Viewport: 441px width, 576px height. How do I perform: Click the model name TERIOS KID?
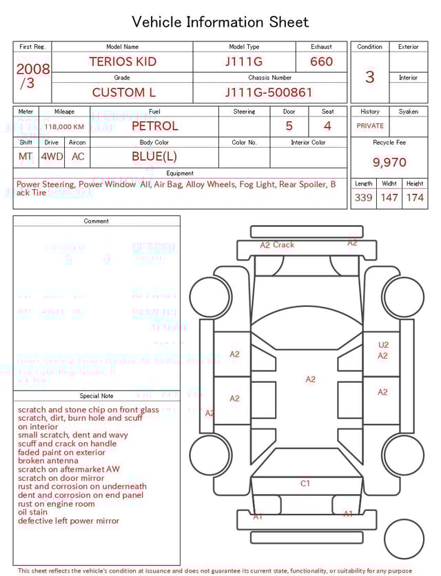click(x=123, y=61)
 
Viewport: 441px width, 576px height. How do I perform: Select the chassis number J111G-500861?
click(x=269, y=92)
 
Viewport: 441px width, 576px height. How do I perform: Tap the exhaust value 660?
click(x=321, y=61)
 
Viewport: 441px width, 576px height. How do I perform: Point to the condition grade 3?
click(x=369, y=77)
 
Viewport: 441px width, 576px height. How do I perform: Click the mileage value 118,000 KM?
click(x=64, y=127)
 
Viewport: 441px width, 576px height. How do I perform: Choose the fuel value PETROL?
click(x=154, y=126)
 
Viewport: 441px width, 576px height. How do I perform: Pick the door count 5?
click(x=289, y=126)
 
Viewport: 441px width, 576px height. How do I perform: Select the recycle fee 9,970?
click(x=389, y=163)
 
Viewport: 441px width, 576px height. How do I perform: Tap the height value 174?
click(x=415, y=198)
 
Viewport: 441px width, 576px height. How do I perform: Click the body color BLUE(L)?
click(x=154, y=157)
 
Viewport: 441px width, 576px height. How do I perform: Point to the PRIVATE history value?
click(x=370, y=126)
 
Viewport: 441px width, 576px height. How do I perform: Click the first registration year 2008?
click(x=33, y=69)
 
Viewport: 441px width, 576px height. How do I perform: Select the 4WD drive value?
click(x=51, y=157)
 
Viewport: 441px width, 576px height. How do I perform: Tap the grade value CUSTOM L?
click(x=124, y=92)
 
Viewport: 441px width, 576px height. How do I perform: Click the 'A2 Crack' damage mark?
click(x=277, y=245)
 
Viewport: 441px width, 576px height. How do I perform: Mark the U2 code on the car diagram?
click(x=383, y=345)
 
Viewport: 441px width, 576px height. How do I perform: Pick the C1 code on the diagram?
click(x=305, y=484)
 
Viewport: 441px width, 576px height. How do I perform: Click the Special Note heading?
click(x=96, y=396)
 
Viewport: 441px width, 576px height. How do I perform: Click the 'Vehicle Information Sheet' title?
click(x=220, y=22)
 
